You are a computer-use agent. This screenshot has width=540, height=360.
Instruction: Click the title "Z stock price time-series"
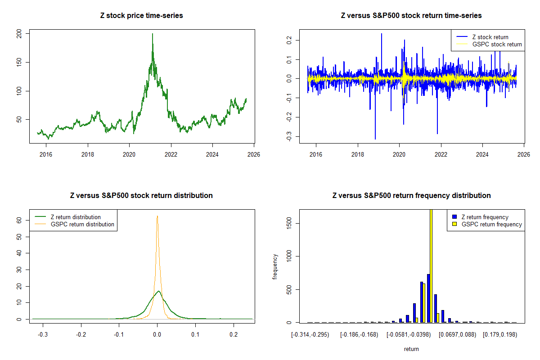click(x=141, y=16)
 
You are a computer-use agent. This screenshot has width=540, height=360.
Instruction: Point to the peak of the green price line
click(x=153, y=34)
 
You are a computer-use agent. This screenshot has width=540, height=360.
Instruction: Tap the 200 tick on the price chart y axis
click(x=21, y=33)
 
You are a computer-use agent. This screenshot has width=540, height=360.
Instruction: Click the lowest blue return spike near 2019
click(x=375, y=139)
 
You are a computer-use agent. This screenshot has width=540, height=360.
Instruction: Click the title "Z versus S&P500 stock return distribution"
click(x=141, y=196)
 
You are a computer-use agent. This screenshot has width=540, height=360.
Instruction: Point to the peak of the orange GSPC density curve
click(x=157, y=216)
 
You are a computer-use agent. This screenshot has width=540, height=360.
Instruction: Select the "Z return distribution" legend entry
click(x=76, y=217)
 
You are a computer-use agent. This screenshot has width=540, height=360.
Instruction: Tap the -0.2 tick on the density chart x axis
click(x=81, y=335)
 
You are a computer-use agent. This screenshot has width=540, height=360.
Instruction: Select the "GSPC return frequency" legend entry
click(x=491, y=224)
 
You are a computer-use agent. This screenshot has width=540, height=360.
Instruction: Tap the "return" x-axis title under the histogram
click(x=411, y=349)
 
